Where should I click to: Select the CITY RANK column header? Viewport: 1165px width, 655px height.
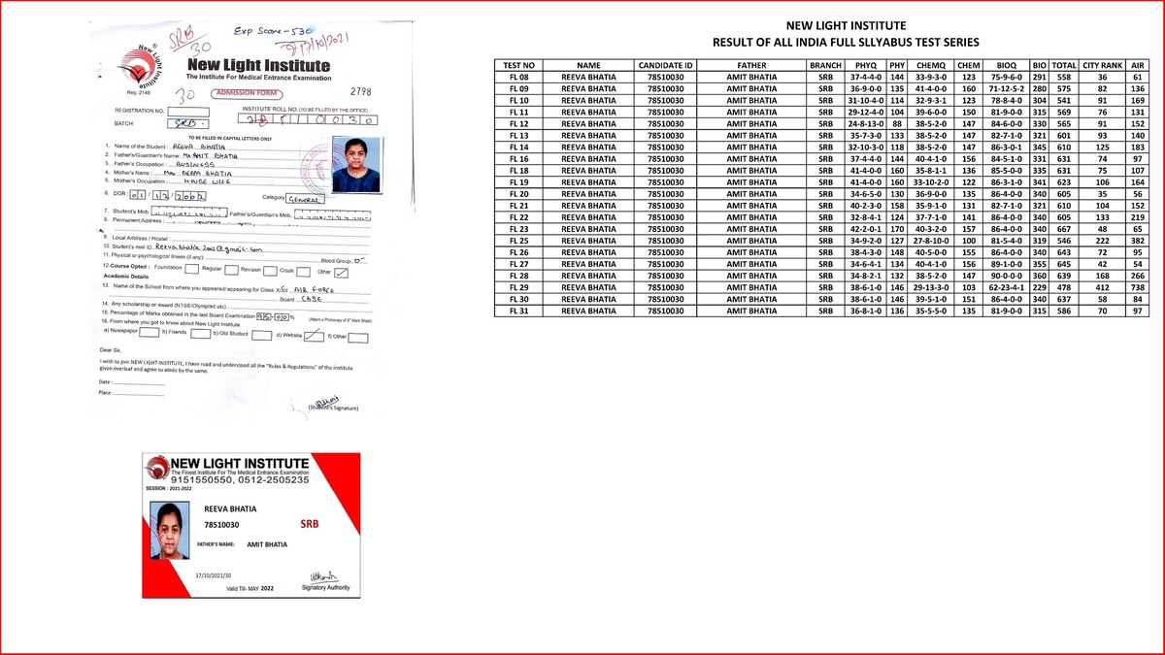[x=1102, y=64]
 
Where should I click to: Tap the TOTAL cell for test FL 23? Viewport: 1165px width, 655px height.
[x=1063, y=229]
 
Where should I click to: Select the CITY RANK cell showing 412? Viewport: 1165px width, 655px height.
[x=1102, y=287]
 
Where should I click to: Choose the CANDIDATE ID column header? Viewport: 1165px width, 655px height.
[x=665, y=64]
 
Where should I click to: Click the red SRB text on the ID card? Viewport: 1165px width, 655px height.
[x=310, y=524]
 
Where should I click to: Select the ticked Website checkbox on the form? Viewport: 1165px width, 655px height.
[x=313, y=336]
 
